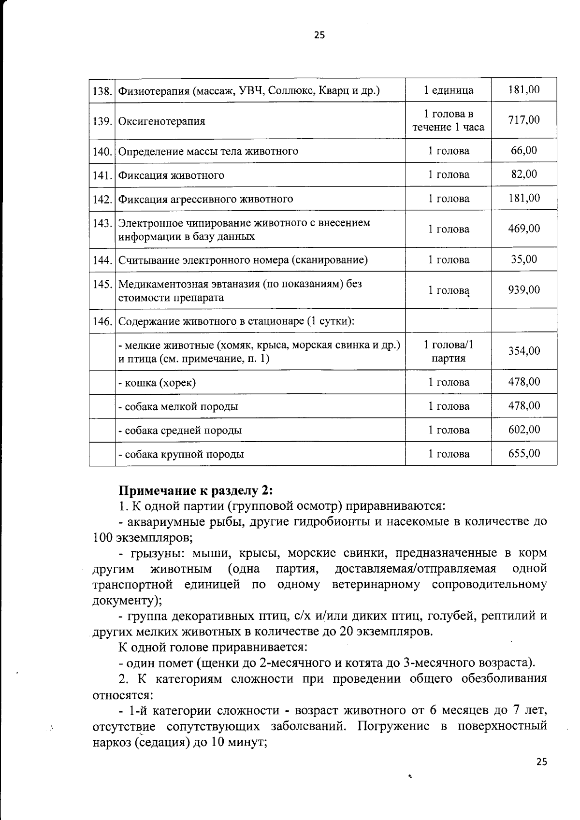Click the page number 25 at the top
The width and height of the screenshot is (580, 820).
pos(319,35)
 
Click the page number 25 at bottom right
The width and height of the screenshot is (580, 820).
pos(542,762)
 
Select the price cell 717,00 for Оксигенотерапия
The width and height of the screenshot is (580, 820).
pos(524,120)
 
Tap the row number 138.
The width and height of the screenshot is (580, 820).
pos(102,90)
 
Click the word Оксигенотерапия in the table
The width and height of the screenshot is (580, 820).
pos(162,121)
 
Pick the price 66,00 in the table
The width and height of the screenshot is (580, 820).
pos(524,150)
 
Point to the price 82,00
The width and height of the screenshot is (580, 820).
pos(524,174)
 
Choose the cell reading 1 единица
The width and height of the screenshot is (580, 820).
pos(448,90)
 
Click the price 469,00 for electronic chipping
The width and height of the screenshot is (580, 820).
pos(524,229)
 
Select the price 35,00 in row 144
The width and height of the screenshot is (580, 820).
pos(524,259)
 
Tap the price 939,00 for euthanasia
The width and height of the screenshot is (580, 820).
pos(524,290)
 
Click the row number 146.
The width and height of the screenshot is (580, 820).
pos(102,321)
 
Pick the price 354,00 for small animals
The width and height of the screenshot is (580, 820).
pos(524,351)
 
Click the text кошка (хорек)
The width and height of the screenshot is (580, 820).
pos(157,383)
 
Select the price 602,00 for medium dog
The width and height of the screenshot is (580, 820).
pos(524,430)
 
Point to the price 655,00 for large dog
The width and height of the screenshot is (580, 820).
pos(524,453)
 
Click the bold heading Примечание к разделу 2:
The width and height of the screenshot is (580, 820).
pos(196,490)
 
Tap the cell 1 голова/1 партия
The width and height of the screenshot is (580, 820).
pos(448,351)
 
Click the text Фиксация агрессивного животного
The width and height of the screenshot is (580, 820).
pos(206,199)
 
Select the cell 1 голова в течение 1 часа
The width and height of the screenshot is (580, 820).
pos(448,120)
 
